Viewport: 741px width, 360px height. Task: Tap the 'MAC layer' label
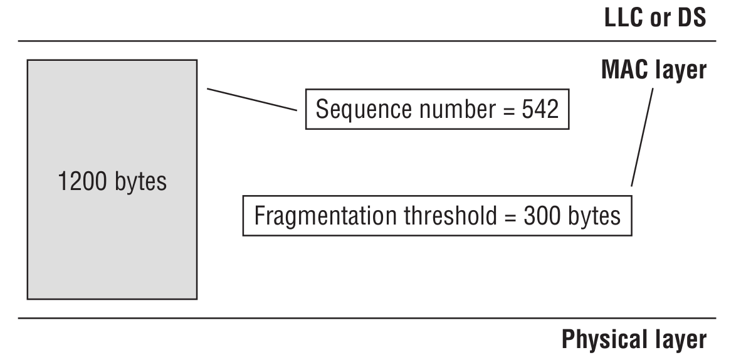(653, 70)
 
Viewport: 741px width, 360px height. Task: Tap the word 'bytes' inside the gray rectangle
(140, 183)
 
